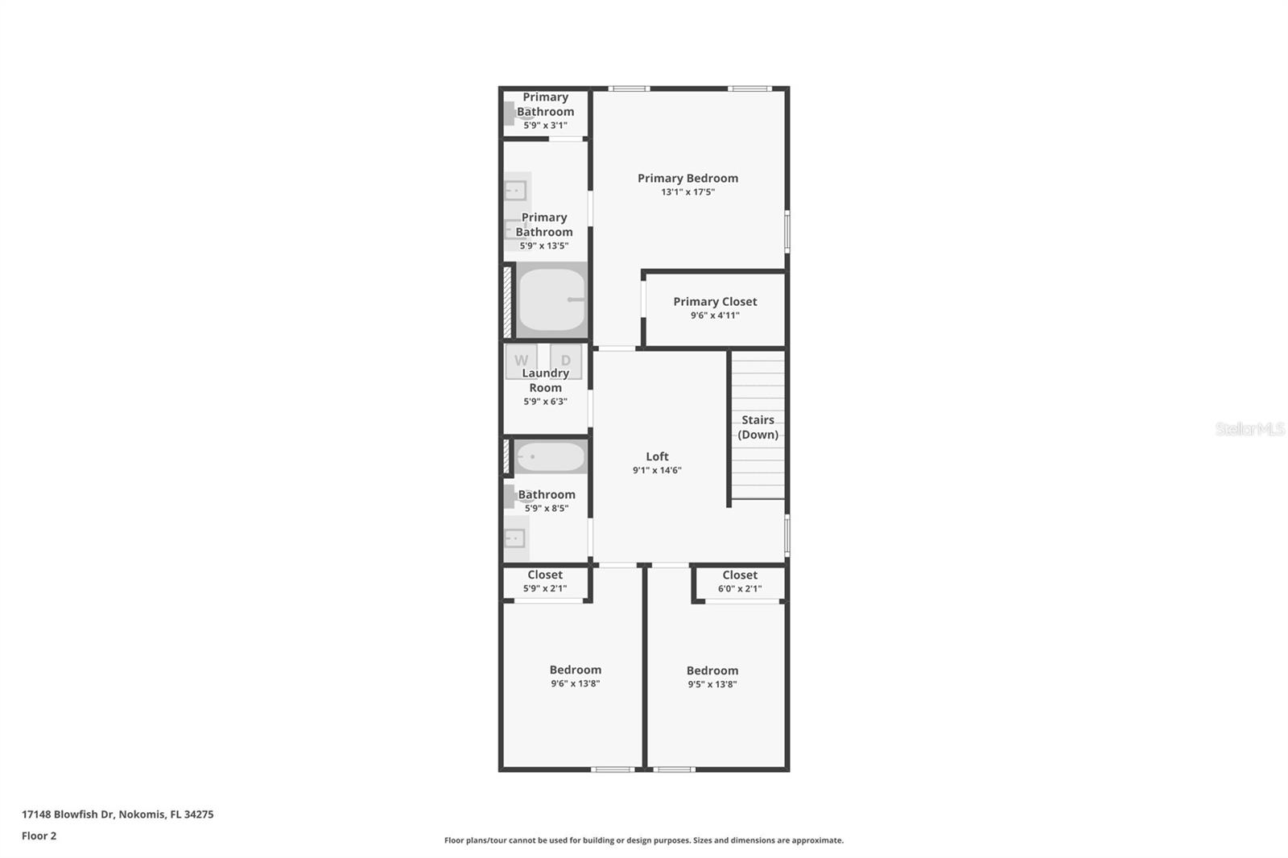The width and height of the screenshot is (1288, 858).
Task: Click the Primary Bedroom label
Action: pos(687,178)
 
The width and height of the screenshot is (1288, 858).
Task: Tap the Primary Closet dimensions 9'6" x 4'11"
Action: pos(715,316)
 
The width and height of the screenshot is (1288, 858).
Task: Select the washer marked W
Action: pos(521,361)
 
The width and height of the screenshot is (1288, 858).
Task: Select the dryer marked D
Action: pos(566,361)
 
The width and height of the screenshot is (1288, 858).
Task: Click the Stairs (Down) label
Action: pos(758,427)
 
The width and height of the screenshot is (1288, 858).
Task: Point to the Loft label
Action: pos(657,456)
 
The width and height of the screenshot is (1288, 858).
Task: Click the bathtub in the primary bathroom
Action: pos(551,299)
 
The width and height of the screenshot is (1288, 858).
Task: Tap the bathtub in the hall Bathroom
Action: pos(550,457)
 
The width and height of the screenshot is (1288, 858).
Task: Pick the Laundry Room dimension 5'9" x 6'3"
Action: pos(545,402)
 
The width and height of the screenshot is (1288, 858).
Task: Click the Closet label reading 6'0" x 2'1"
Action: pos(740,588)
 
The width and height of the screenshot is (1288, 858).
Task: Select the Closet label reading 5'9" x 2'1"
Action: pos(545,588)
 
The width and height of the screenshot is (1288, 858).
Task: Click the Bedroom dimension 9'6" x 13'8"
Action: pos(576,683)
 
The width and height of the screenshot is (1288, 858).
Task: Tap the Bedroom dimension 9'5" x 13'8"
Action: pos(712,684)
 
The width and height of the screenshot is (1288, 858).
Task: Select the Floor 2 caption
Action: pos(39,835)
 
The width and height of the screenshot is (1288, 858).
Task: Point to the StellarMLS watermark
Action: pos(1249,429)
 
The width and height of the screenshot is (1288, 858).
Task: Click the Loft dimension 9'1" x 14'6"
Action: pos(657,470)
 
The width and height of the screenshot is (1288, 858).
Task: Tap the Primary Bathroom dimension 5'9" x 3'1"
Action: pos(545,126)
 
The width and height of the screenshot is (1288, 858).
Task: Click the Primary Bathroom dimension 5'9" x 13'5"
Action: pos(544,245)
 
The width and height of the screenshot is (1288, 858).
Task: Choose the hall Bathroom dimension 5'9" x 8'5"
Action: pos(547,508)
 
